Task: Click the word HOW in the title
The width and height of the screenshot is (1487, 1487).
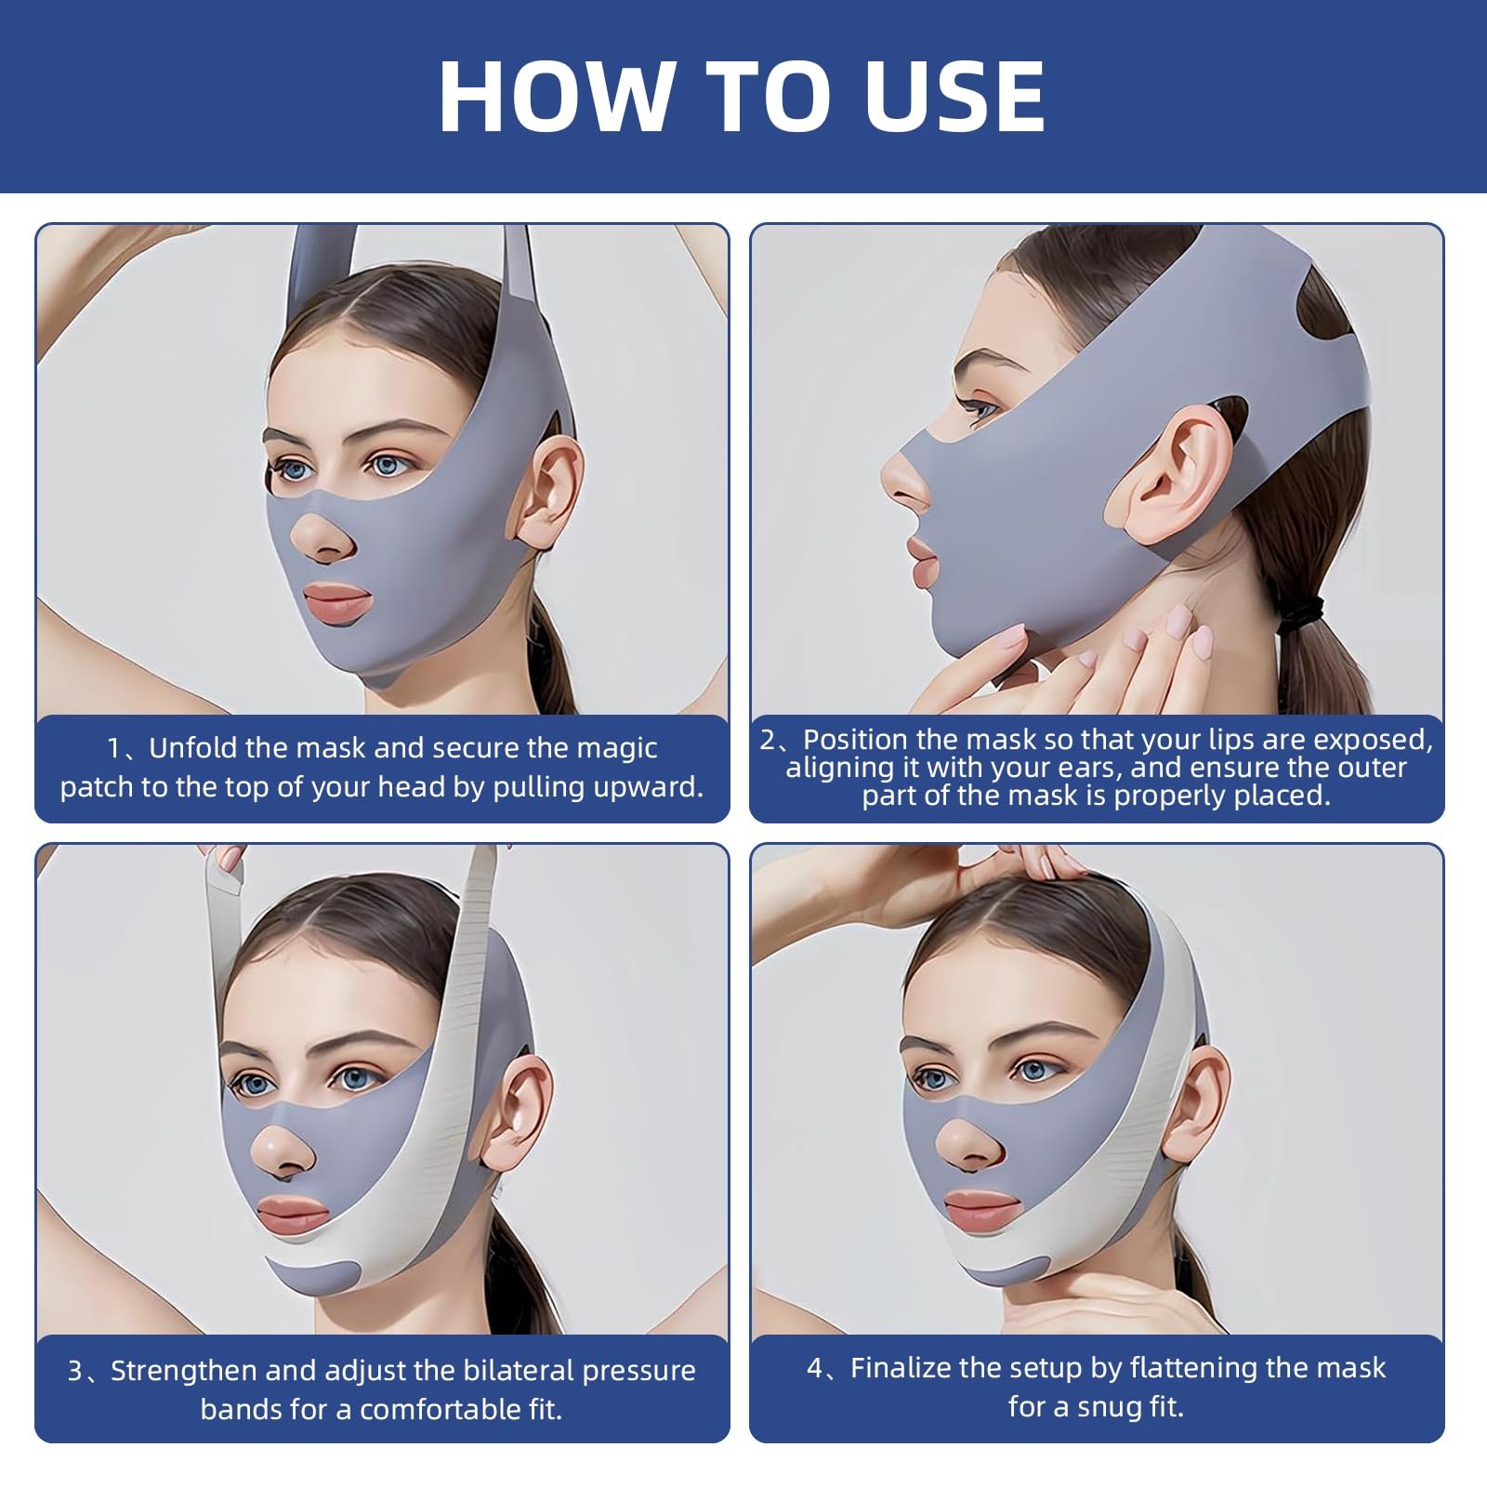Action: click(557, 97)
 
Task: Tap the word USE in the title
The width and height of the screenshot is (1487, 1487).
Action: click(956, 97)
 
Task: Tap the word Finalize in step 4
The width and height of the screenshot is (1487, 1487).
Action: click(901, 1368)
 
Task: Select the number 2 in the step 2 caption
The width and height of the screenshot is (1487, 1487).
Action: click(768, 740)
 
